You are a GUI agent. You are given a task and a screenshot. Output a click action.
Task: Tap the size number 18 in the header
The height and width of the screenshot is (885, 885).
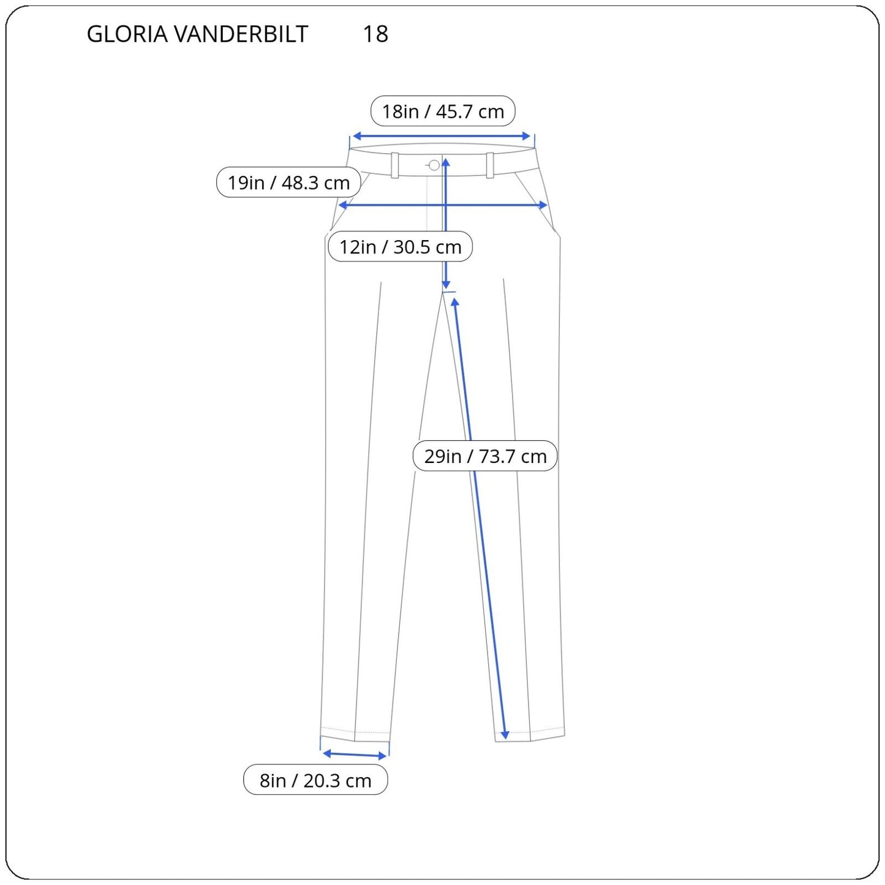375,34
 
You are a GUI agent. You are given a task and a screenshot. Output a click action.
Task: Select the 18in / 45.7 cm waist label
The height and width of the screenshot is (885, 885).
442,111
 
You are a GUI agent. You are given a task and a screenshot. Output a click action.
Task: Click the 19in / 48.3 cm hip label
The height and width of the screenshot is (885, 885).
288,183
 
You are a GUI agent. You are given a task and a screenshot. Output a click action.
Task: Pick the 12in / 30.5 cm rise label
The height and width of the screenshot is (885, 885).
400,247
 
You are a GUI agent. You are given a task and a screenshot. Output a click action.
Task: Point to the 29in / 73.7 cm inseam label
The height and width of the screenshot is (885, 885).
485,456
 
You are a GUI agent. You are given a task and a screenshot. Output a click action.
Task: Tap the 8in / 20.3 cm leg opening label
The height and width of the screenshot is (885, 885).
315,780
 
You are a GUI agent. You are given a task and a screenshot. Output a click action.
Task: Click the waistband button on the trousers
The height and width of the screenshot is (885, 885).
434,165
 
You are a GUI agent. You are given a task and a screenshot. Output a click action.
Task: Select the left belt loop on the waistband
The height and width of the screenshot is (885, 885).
395,165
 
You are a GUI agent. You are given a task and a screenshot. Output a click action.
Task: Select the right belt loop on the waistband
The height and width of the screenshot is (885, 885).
490,165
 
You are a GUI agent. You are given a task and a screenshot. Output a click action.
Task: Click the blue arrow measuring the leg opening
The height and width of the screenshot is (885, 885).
355,755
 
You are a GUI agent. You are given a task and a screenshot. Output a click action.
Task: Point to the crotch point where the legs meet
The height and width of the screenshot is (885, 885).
443,293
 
